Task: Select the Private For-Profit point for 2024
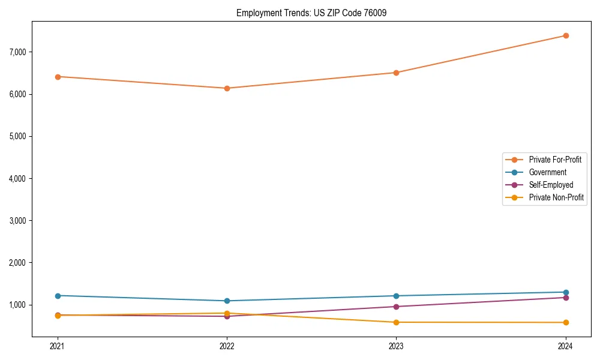point(566,35)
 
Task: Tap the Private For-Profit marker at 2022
point(227,88)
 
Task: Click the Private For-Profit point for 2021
point(58,77)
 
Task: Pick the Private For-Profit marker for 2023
point(396,73)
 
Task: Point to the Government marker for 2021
point(58,296)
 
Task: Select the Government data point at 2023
point(396,296)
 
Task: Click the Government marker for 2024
point(566,292)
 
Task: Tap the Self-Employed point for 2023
point(396,307)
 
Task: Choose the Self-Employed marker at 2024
point(566,298)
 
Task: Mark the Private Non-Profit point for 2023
point(396,322)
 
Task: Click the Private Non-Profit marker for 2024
point(566,323)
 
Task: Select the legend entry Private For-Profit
point(555,160)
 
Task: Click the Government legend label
point(547,172)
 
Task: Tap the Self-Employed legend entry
point(551,185)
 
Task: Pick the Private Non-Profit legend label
point(556,197)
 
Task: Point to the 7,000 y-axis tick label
point(18,52)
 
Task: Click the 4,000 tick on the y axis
point(18,179)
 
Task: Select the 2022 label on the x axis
point(227,346)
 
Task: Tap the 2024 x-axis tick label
point(566,346)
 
